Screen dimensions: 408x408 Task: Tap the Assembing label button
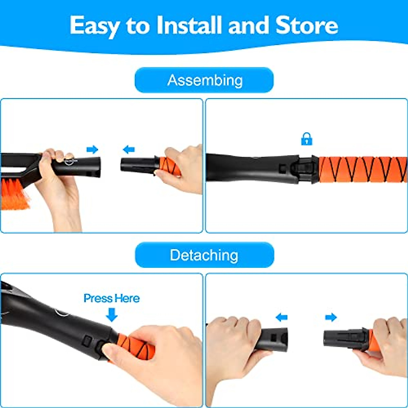(x=204, y=80)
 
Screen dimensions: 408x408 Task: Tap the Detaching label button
(x=204, y=255)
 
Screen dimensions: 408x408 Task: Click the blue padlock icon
(x=307, y=139)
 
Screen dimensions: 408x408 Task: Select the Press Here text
(x=112, y=298)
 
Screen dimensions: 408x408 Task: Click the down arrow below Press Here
(x=112, y=314)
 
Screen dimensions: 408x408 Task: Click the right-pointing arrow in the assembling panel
(x=92, y=149)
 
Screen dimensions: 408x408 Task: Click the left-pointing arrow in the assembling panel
(x=129, y=149)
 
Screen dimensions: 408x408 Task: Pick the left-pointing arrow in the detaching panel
(x=282, y=318)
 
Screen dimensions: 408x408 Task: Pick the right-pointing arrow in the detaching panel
(x=330, y=318)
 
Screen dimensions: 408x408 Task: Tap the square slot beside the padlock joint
(x=282, y=167)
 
